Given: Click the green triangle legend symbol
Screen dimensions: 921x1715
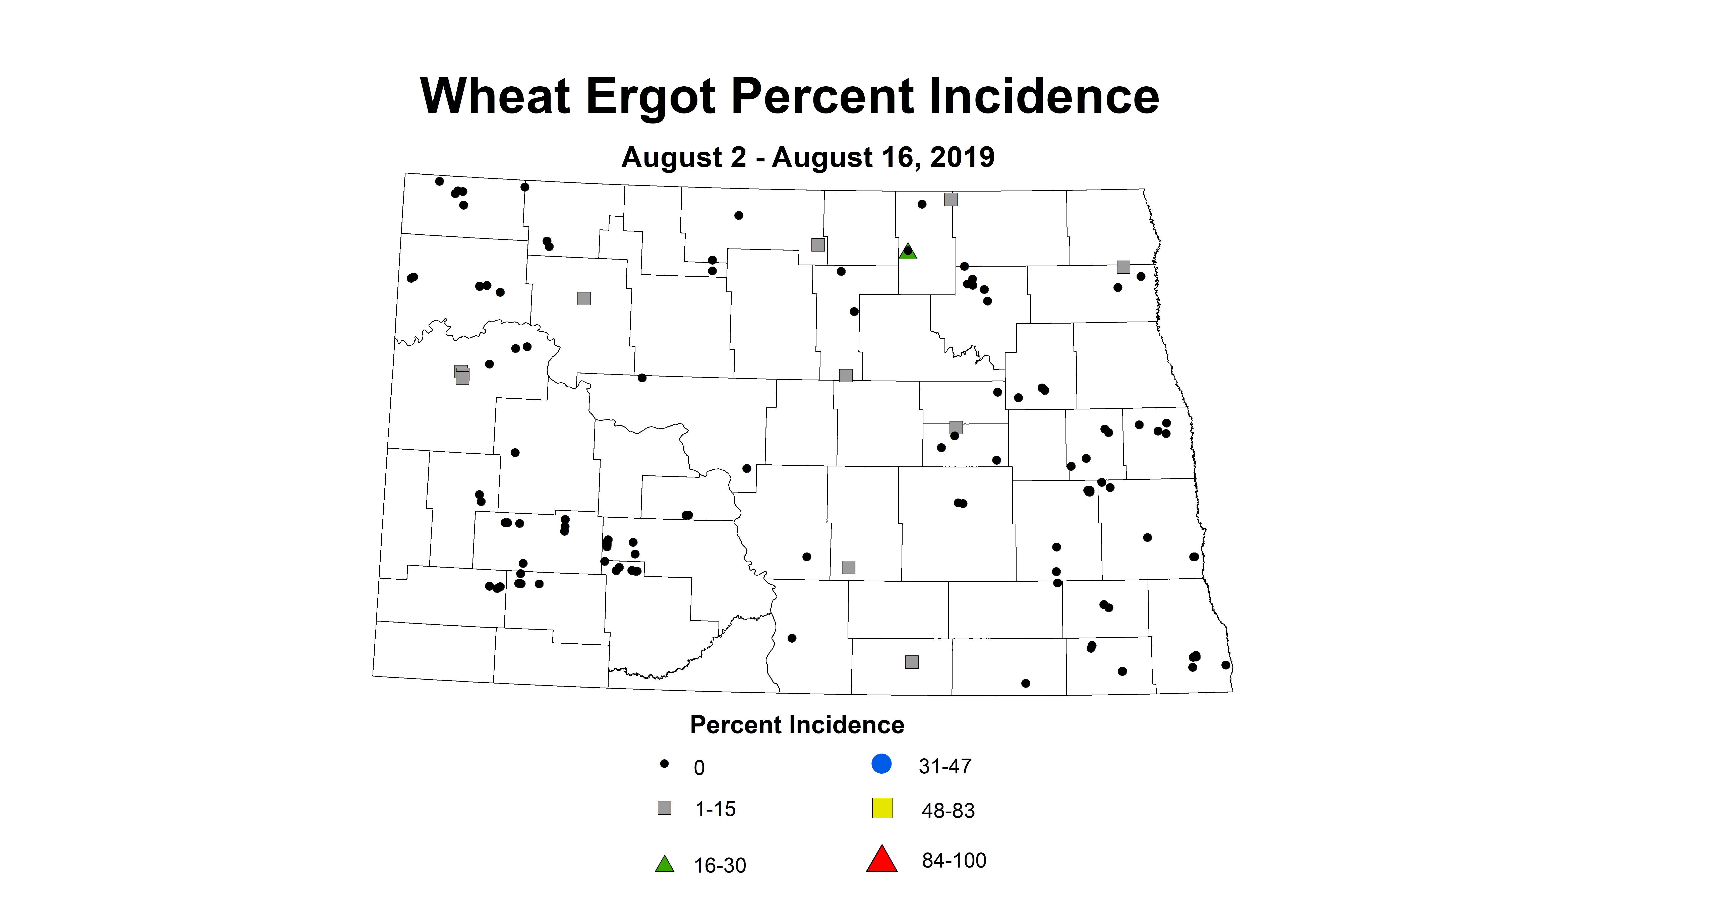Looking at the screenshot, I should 664,865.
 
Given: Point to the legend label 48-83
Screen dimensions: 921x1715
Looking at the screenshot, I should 948,811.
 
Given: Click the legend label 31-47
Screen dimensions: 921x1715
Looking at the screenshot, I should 945,767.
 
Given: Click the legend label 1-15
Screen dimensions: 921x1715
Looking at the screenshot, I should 715,809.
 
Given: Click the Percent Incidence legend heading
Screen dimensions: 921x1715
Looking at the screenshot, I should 797,725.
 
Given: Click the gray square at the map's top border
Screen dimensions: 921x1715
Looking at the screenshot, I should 951,199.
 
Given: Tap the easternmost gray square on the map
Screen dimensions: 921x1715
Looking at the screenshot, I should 1123,267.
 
